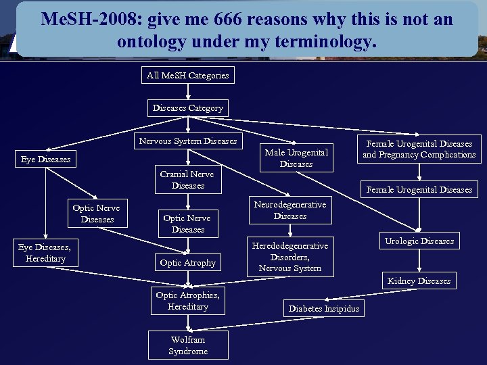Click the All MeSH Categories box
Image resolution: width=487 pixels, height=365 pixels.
pos(187,75)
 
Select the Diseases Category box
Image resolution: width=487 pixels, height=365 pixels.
pos(187,108)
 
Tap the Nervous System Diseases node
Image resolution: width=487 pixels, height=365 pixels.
pos(187,141)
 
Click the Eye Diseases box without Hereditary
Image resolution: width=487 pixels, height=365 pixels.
pos(45,160)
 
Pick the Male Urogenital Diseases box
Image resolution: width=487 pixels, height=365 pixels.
pos(296,158)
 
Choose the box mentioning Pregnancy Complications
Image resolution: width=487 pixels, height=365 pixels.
pos(419,149)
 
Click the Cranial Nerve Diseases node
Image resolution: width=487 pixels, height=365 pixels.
pos(187,180)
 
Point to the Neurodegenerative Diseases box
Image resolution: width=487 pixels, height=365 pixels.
pos(289,210)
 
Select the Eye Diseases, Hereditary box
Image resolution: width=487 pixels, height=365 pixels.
pos(45,253)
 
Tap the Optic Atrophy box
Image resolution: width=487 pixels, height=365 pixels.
pos(187,263)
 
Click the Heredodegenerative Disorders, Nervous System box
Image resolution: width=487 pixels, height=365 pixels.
pos(289,257)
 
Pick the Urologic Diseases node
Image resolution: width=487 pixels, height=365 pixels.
pos(419,241)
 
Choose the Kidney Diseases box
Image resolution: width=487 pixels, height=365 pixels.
pos(419,281)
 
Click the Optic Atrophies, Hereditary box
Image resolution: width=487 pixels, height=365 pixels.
pos(187,301)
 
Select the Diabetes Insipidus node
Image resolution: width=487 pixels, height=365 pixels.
pos(324,309)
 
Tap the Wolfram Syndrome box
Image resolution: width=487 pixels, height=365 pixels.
pos(187,345)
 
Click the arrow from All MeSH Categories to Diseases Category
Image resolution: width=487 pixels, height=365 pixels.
pos(187,92)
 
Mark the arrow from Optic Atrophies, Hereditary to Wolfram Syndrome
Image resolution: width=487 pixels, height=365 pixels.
pos(187,323)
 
